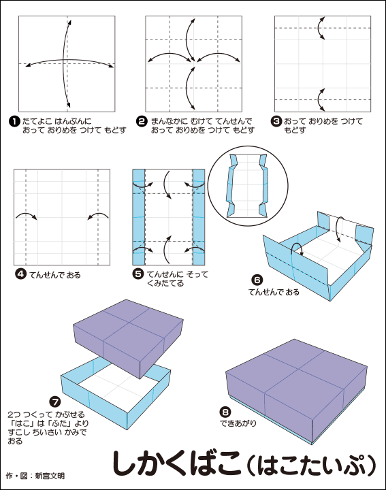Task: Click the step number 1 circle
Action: click(x=14, y=122)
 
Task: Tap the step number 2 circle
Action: click(x=142, y=122)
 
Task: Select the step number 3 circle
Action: click(x=276, y=121)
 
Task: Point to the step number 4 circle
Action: click(x=20, y=274)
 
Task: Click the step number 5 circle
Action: click(x=138, y=274)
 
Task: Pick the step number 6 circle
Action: click(x=257, y=280)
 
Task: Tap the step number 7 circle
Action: click(x=55, y=402)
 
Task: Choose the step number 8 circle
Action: click(x=225, y=412)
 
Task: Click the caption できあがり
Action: click(x=238, y=423)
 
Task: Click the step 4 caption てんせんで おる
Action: click(x=55, y=275)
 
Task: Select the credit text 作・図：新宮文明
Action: click(x=35, y=476)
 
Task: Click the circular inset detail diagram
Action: click(x=248, y=186)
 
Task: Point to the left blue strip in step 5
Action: click(x=139, y=217)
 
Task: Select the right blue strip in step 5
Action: click(x=199, y=217)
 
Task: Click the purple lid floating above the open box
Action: click(x=128, y=338)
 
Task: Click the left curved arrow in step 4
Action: click(x=27, y=215)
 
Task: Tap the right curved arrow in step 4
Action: click(x=98, y=215)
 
